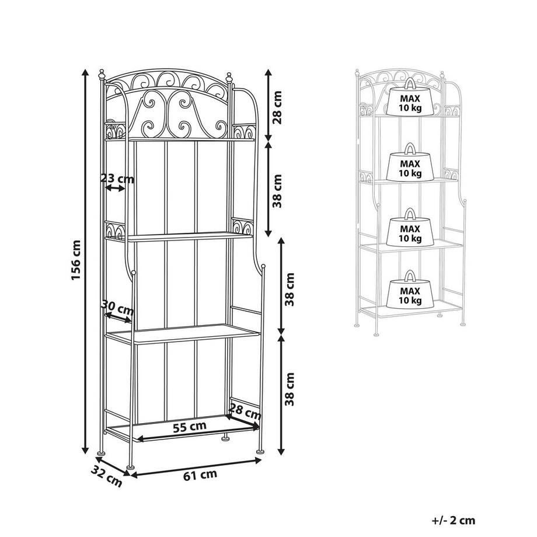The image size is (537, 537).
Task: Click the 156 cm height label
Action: point(76,260)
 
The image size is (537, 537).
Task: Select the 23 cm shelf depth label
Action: point(117,179)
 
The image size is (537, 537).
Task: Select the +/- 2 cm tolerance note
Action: point(454,520)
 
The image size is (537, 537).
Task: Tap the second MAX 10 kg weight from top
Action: point(410,162)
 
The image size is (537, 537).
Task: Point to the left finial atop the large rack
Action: point(102,75)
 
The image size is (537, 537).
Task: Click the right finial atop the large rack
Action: point(229,78)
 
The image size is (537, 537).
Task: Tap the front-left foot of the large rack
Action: point(131,466)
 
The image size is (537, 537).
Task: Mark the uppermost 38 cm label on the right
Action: point(277,191)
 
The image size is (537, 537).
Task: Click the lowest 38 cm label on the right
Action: point(290,389)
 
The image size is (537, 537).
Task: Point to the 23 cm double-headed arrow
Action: point(115,188)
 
